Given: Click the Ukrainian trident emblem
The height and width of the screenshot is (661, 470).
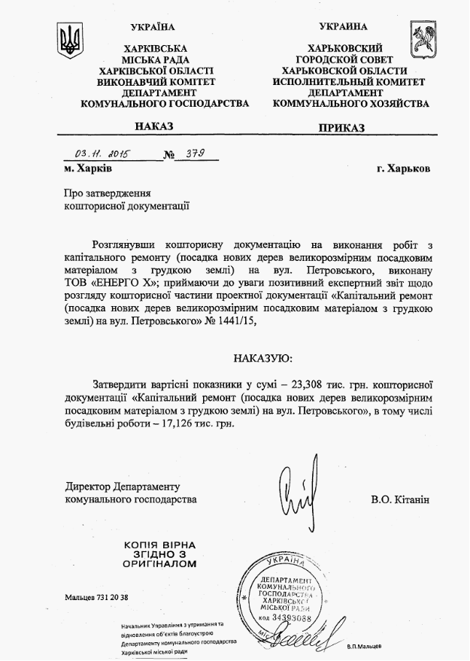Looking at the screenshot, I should pos(70,38).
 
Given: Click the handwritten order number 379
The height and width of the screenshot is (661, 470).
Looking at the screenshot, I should pos(193,153).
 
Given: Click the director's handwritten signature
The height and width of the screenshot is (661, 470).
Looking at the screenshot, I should pos(296,496).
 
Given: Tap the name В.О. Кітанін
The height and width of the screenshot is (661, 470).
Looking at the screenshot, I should pos(399,499).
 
